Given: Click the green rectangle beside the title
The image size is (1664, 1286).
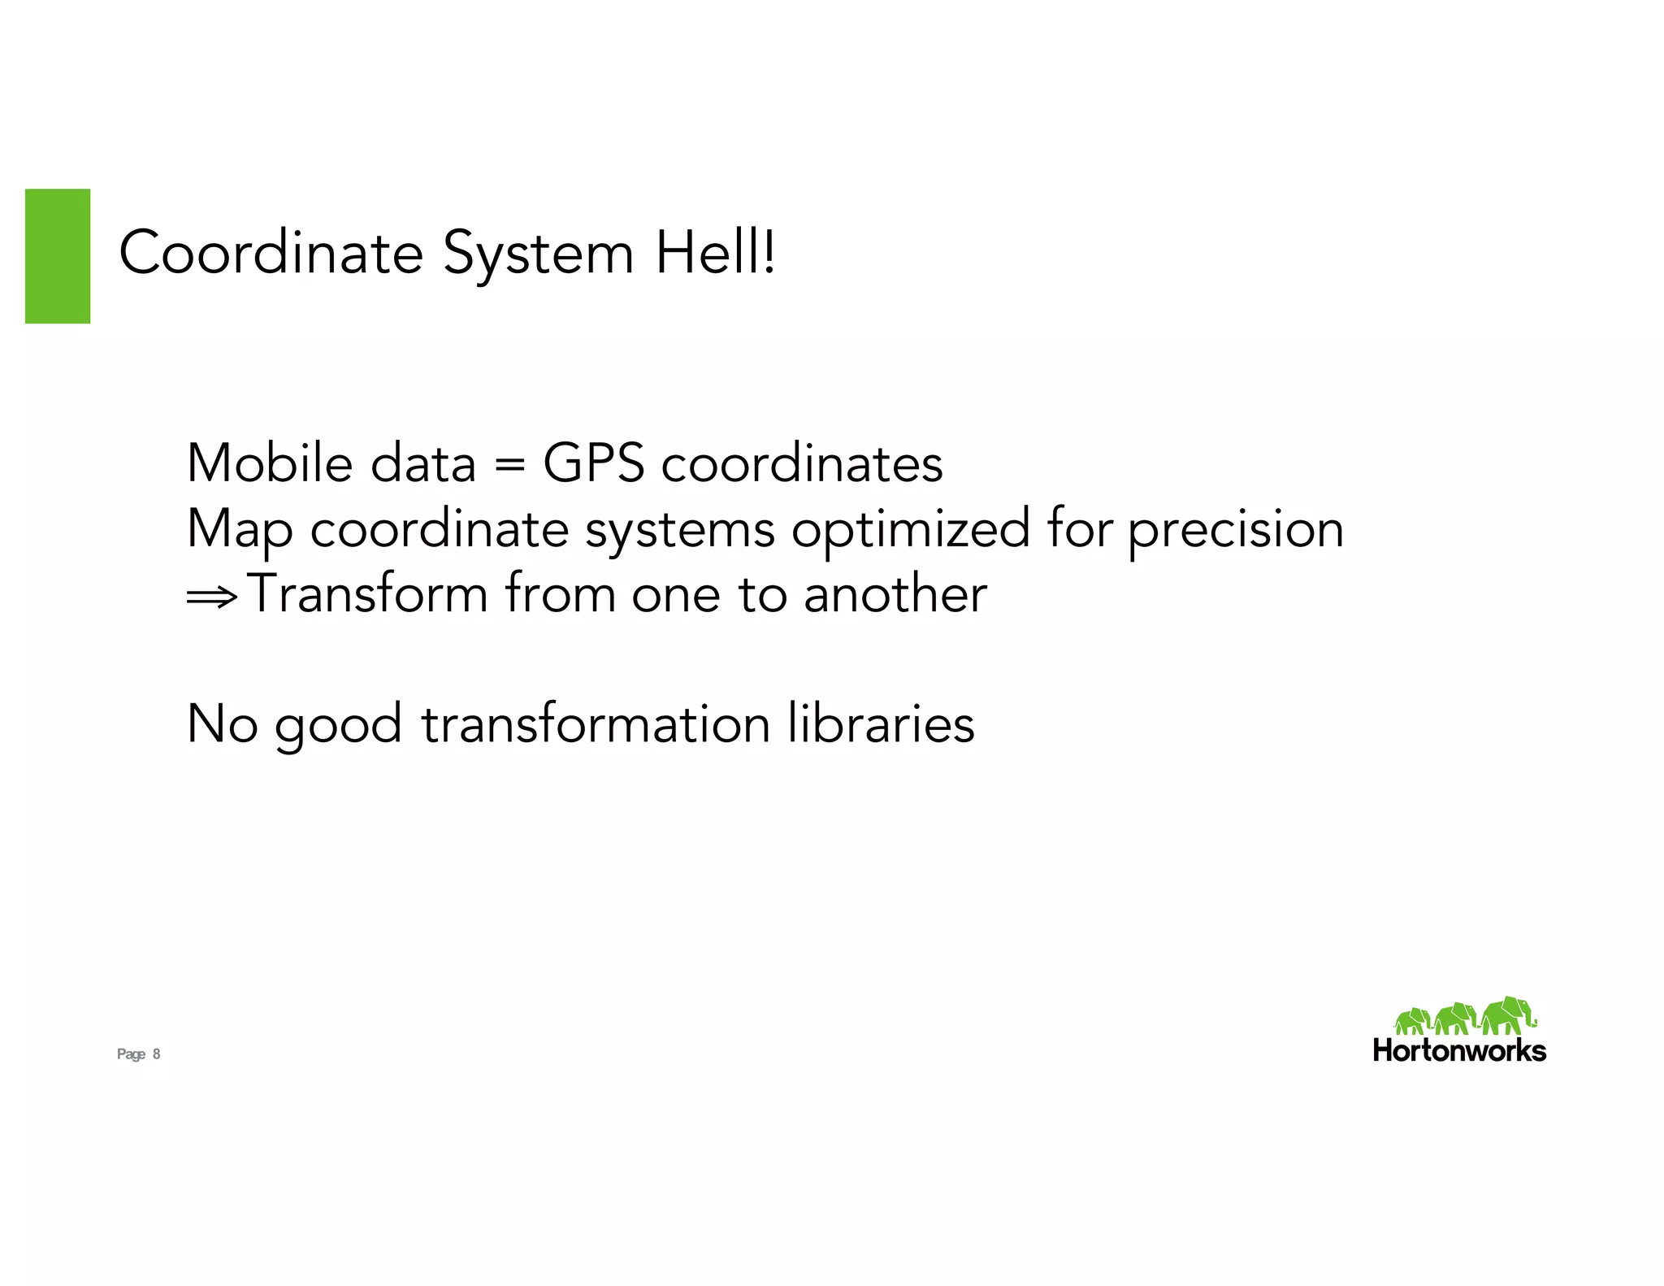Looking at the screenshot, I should click(x=58, y=256).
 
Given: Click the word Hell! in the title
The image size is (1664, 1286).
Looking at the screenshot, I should click(x=715, y=253).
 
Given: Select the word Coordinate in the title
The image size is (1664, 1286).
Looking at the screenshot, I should click(x=271, y=253).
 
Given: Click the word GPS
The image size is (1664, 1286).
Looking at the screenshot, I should click(x=593, y=463).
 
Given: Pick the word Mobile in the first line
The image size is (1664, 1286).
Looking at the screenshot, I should click(x=271, y=463).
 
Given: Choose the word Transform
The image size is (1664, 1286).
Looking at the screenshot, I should click(x=367, y=593).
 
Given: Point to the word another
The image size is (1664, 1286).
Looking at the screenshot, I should click(x=895, y=593).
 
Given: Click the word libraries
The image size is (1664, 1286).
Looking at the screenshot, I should click(x=881, y=723).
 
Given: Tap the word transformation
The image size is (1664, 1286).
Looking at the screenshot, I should click(x=596, y=723).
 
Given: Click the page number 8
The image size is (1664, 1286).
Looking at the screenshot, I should click(x=157, y=1054).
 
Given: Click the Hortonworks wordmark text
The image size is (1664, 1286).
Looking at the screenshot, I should click(x=1459, y=1051).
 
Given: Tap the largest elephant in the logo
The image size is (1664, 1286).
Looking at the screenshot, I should click(x=1508, y=1015).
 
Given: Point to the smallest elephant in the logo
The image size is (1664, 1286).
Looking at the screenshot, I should click(x=1412, y=1021).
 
